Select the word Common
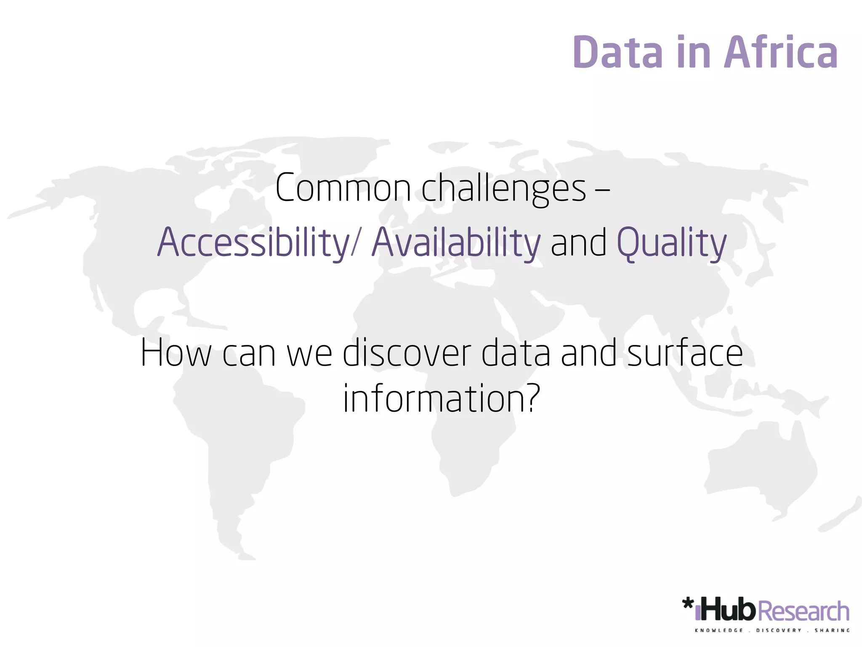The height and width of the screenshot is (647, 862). pyautogui.click(x=343, y=188)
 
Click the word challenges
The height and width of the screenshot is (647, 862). pyautogui.click(x=503, y=188)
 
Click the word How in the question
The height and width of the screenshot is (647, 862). pyautogui.click(x=176, y=353)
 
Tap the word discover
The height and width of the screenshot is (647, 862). pyautogui.click(x=407, y=353)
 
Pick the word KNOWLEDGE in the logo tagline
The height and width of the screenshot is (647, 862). pyautogui.click(x=719, y=631)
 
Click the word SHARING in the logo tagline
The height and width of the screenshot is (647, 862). pyautogui.click(x=832, y=631)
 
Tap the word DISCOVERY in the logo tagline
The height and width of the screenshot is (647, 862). pyautogui.click(x=779, y=631)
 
